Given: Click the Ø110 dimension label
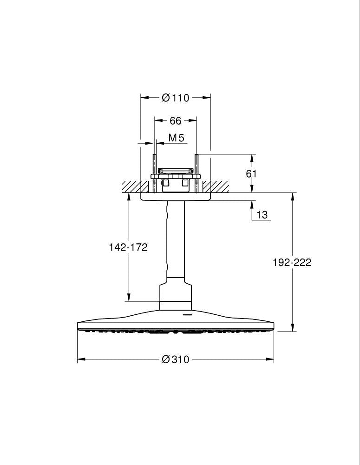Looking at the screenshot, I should [x=175, y=98].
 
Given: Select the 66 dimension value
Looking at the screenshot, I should [x=175, y=121].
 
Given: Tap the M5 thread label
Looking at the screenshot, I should [x=176, y=138].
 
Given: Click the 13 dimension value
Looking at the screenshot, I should [x=262, y=214].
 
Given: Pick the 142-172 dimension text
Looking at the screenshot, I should [x=128, y=247].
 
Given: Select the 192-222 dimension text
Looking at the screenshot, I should [x=292, y=262].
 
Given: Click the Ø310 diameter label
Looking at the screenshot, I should [x=175, y=359].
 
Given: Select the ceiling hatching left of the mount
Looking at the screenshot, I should [x=131, y=187].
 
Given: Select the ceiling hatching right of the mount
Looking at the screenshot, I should [x=220, y=187].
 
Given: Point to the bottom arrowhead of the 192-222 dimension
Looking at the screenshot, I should [x=292, y=328].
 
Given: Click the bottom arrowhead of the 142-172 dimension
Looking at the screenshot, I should [x=129, y=298].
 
